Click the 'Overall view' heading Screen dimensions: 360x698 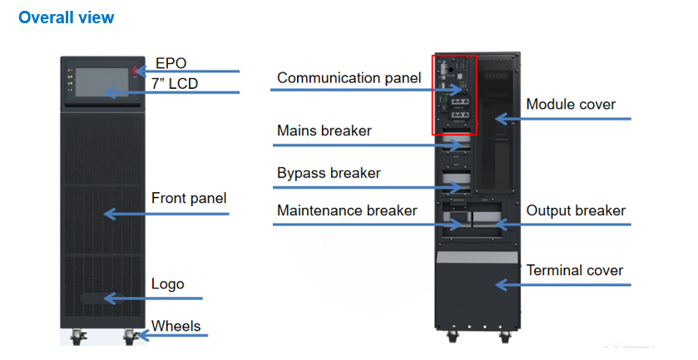pos(67,17)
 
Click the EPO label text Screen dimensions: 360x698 pos(171,63)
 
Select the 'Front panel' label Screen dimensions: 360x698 pos(189,199)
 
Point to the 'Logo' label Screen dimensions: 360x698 pos(167,284)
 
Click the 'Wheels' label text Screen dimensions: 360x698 pos(176,325)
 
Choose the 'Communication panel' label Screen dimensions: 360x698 pos(349,78)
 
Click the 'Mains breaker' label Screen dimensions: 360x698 pos(324,131)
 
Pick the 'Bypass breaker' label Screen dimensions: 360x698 pos(329,173)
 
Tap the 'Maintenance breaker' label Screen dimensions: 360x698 pos(347,210)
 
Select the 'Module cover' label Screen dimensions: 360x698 pos(571,104)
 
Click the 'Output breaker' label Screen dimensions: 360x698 pos(576,210)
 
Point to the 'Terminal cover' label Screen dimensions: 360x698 pos(575,270)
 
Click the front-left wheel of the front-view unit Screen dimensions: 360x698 pos(79,337)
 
